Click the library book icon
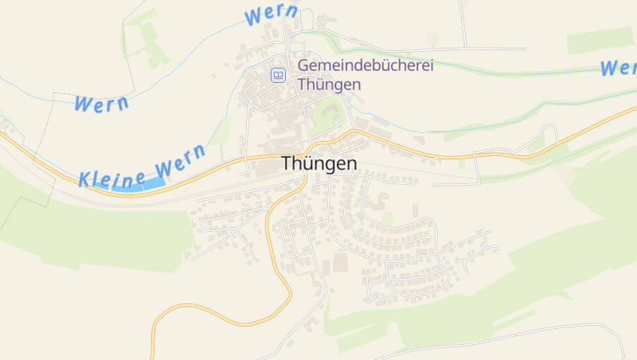(x=278, y=75)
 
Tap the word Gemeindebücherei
(x=365, y=66)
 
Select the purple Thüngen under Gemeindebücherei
(x=329, y=84)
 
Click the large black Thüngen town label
(x=318, y=163)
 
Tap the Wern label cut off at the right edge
(x=618, y=67)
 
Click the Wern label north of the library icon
(x=272, y=15)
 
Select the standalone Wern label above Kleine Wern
(x=101, y=103)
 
